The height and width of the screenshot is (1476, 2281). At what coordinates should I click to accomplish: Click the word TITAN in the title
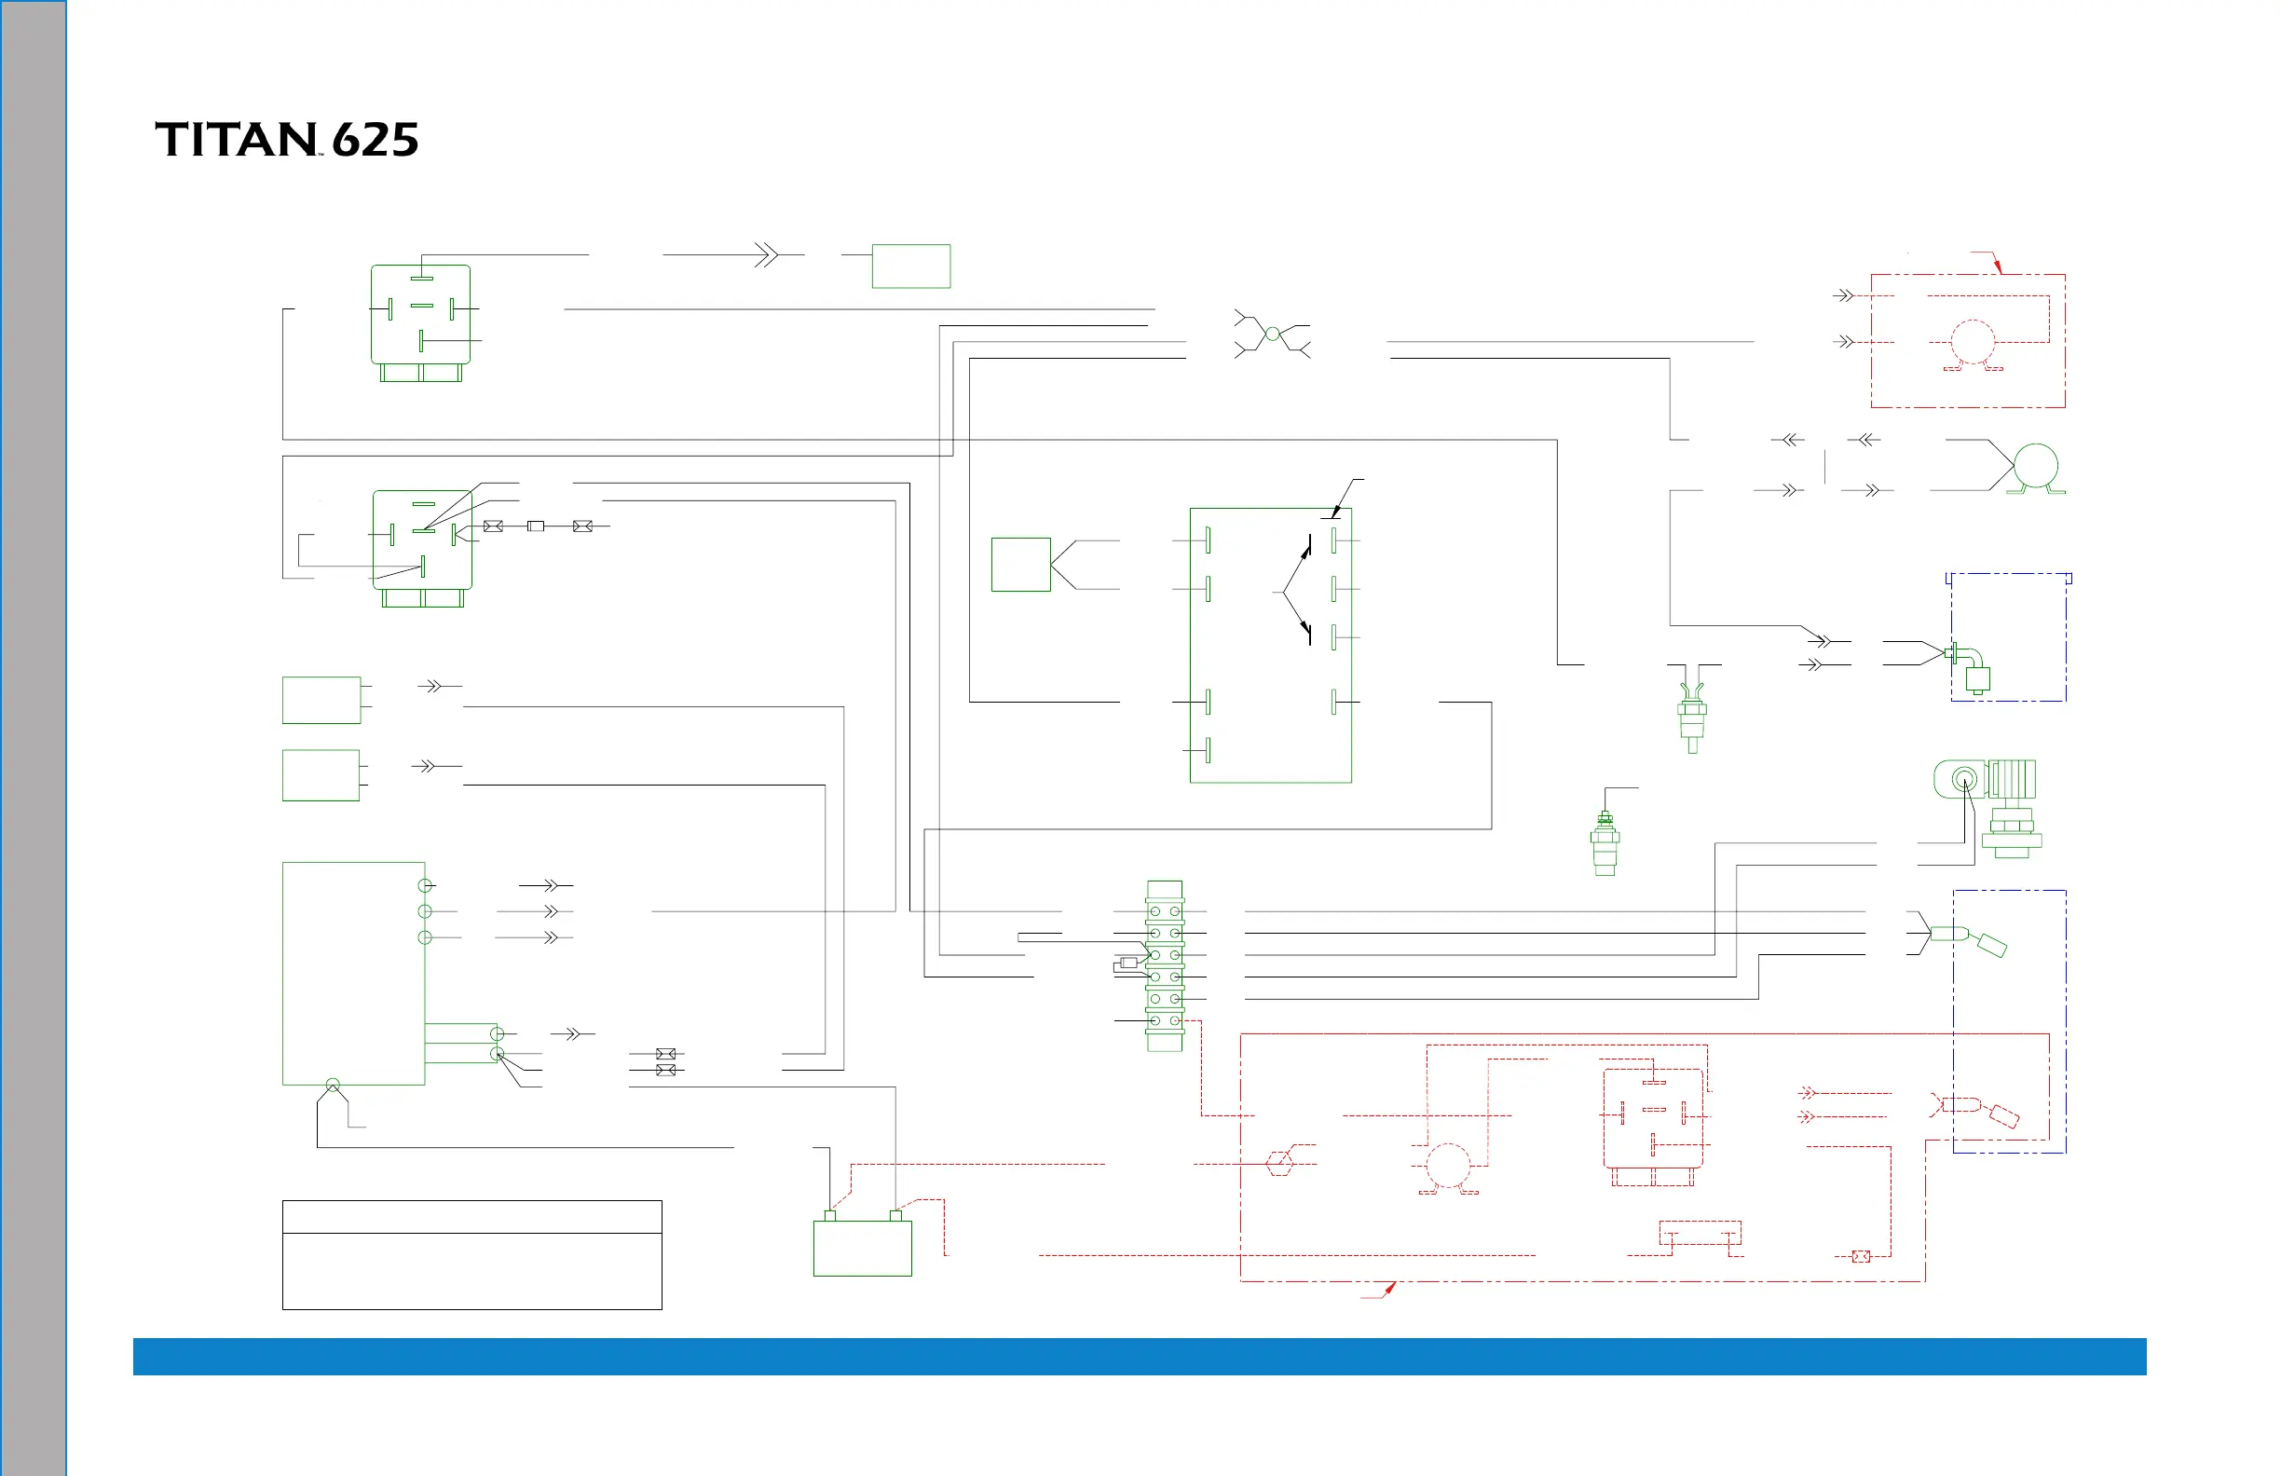[235, 140]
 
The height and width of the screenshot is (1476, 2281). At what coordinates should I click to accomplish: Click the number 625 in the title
[375, 141]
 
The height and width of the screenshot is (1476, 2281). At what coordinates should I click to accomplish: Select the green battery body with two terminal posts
[862, 1247]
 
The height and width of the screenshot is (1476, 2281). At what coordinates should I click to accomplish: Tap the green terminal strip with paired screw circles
[1165, 966]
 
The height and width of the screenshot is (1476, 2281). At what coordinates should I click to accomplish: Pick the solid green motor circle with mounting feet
[2036, 467]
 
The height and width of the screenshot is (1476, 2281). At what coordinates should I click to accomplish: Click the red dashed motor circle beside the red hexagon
[1447, 1166]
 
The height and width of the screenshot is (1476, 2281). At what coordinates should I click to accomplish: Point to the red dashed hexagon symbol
[1279, 1164]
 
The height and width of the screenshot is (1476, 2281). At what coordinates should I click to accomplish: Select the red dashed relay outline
[1652, 1118]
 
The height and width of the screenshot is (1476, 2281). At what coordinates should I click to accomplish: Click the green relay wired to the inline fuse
[422, 540]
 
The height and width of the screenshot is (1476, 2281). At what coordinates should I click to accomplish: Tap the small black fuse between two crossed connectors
[536, 526]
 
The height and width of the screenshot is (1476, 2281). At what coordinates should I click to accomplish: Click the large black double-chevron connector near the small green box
[766, 255]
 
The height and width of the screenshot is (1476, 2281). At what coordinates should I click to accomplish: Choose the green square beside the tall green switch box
[1020, 565]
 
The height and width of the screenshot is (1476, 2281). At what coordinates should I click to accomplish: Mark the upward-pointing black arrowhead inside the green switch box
[1306, 551]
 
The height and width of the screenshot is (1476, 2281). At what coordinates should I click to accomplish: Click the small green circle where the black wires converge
[1272, 334]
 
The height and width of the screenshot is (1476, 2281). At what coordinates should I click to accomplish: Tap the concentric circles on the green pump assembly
[1964, 779]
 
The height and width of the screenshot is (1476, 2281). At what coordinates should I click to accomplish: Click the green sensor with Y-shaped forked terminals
[1691, 717]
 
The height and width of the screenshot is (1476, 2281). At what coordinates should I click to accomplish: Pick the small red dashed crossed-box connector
[1860, 1255]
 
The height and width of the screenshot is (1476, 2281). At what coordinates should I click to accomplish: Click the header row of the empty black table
[471, 1216]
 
